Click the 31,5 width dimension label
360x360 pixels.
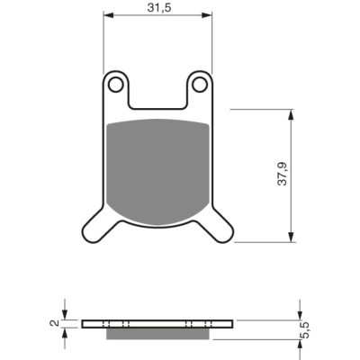point(159,8)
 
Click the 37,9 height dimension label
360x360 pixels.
point(283,174)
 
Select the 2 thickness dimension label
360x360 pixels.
point(54,323)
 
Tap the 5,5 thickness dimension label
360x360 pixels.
point(304,330)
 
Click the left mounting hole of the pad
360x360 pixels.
point(116,85)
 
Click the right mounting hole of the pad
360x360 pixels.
point(199,85)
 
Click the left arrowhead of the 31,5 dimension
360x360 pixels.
point(109,15)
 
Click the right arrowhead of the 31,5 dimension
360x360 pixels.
point(207,15)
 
